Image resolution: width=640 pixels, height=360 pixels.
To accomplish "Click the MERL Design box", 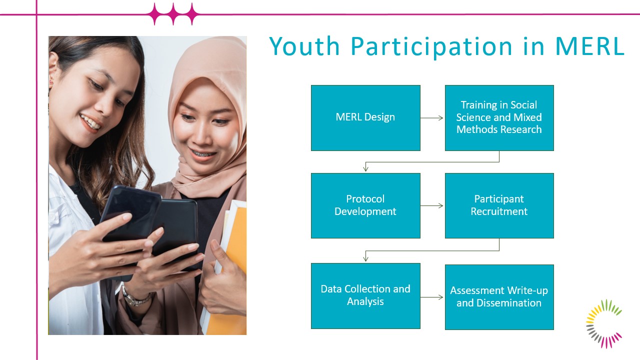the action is (365, 117).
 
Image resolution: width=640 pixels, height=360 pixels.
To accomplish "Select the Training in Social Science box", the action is (499, 117).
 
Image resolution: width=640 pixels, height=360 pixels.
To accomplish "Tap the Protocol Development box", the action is (365, 205).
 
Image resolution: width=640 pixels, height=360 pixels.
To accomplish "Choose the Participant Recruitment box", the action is (499, 205).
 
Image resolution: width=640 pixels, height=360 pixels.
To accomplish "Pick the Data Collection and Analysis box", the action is (365, 295).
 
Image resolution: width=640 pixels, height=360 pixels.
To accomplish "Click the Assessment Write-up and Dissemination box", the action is (499, 297).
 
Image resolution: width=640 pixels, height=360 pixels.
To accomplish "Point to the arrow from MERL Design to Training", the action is (431, 117).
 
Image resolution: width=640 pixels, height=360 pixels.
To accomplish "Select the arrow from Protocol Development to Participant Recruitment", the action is (431, 205).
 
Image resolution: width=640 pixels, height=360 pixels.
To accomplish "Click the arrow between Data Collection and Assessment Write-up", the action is (431, 297).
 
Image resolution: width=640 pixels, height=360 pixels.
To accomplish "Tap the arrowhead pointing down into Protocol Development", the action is (365, 169).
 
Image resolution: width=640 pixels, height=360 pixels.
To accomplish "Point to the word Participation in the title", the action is (431, 47).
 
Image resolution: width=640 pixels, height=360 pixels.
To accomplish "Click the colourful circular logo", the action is (604, 323).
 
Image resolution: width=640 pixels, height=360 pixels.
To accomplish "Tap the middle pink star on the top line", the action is (173, 14).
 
